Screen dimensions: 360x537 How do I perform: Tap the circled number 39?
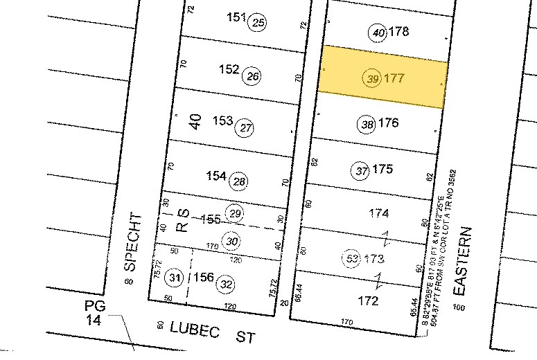[372, 79]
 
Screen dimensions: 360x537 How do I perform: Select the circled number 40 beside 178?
[378, 33]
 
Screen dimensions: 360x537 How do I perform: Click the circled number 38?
[367, 125]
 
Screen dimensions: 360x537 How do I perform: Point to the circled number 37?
[360, 170]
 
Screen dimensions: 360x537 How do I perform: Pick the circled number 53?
[352, 258]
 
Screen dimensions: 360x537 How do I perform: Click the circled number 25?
[258, 23]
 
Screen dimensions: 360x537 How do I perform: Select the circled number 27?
[245, 127]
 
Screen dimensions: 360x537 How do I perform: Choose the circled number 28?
[239, 181]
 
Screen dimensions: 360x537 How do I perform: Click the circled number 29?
[236, 213]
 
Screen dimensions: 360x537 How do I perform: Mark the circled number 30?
[233, 241]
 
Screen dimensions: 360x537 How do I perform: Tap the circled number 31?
[176, 279]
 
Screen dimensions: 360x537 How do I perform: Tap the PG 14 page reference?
[94, 313]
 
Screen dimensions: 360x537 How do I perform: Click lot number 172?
[368, 301]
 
